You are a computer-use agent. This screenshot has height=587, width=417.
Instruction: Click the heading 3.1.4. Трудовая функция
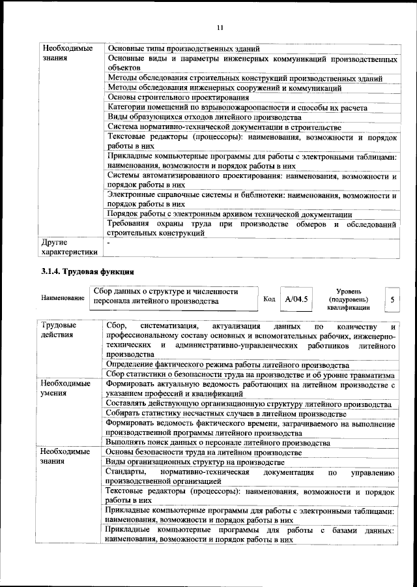pos(88,271)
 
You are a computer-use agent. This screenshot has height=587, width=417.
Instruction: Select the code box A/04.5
pos(296,298)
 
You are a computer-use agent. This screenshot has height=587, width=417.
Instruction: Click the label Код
pos(269,299)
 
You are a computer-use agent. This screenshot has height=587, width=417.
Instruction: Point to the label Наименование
pos(63,298)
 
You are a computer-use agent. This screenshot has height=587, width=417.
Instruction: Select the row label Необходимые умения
pos(65,389)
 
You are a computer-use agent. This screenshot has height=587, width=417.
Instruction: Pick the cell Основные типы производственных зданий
pos(184,49)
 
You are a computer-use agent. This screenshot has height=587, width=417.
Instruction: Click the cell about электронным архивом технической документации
pos(230,215)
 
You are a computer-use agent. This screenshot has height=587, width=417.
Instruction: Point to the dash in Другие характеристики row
pos(109,243)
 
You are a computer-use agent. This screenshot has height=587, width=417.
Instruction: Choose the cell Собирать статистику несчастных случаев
pos(225,414)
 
